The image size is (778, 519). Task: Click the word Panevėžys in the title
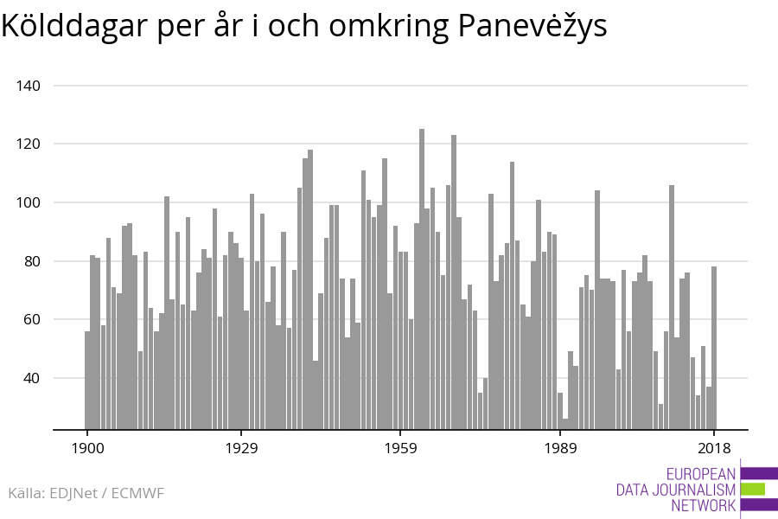532,27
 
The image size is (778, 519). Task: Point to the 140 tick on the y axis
30,86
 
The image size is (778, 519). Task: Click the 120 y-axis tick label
30,144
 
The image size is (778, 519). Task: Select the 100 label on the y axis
30,202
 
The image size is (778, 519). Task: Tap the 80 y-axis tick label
34,261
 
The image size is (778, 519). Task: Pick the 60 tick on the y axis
34,319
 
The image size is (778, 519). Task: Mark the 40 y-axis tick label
34,378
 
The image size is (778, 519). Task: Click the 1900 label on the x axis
86,448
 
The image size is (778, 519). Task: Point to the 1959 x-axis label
400,448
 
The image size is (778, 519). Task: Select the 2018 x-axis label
714,448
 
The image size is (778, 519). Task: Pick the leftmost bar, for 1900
87,380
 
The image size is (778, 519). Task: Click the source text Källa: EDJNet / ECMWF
86,493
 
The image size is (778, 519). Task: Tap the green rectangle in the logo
753,490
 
